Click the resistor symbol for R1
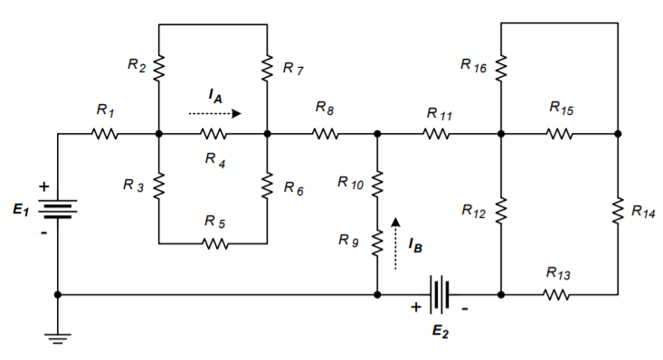(105, 135)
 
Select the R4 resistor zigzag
(213, 135)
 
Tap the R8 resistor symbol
(326, 135)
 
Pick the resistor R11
(437, 135)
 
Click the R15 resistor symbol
(560, 135)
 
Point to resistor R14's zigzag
(618, 211)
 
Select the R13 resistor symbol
(557, 294)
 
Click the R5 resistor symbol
(213, 243)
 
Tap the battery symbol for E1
(58, 209)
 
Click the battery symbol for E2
(440, 294)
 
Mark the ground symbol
(58, 336)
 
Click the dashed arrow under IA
(214, 114)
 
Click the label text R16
(473, 65)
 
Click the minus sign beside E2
(466, 308)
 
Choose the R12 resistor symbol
(500, 211)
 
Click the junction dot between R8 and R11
(377, 135)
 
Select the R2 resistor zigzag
(158, 67)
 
